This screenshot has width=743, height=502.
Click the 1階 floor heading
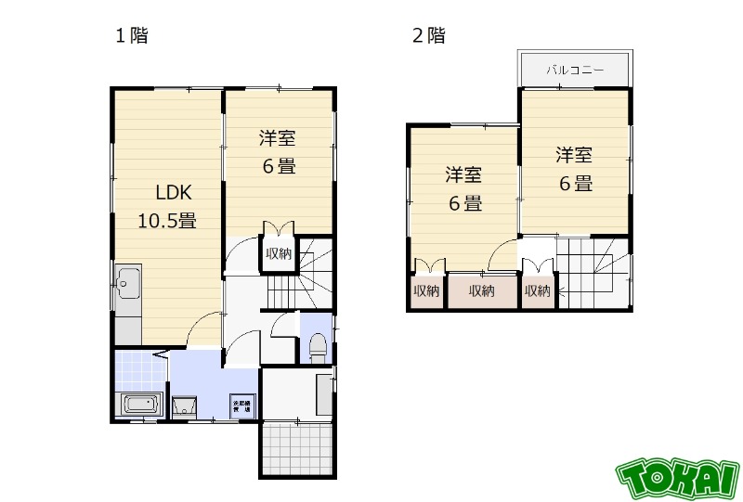coord(131,36)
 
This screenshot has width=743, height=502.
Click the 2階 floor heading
coord(428,36)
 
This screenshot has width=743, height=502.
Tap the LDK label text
coord(174,193)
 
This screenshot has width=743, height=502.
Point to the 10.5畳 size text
coord(167,221)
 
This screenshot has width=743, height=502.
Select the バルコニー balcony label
coord(575,70)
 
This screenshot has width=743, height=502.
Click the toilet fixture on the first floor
coord(316,347)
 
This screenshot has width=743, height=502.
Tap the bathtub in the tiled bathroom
coord(140,405)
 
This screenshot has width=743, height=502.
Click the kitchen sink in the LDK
coord(127,279)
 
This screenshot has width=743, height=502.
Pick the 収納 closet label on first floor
coord(278,253)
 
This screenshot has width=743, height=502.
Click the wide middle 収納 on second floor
coord(482,291)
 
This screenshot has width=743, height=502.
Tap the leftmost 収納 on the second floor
coord(426,291)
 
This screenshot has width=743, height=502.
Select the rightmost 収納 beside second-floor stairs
coord(537,291)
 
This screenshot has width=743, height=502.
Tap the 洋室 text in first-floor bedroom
coord(277,139)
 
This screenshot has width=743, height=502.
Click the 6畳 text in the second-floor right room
coord(575,183)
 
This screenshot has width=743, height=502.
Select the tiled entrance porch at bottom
coord(295,449)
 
